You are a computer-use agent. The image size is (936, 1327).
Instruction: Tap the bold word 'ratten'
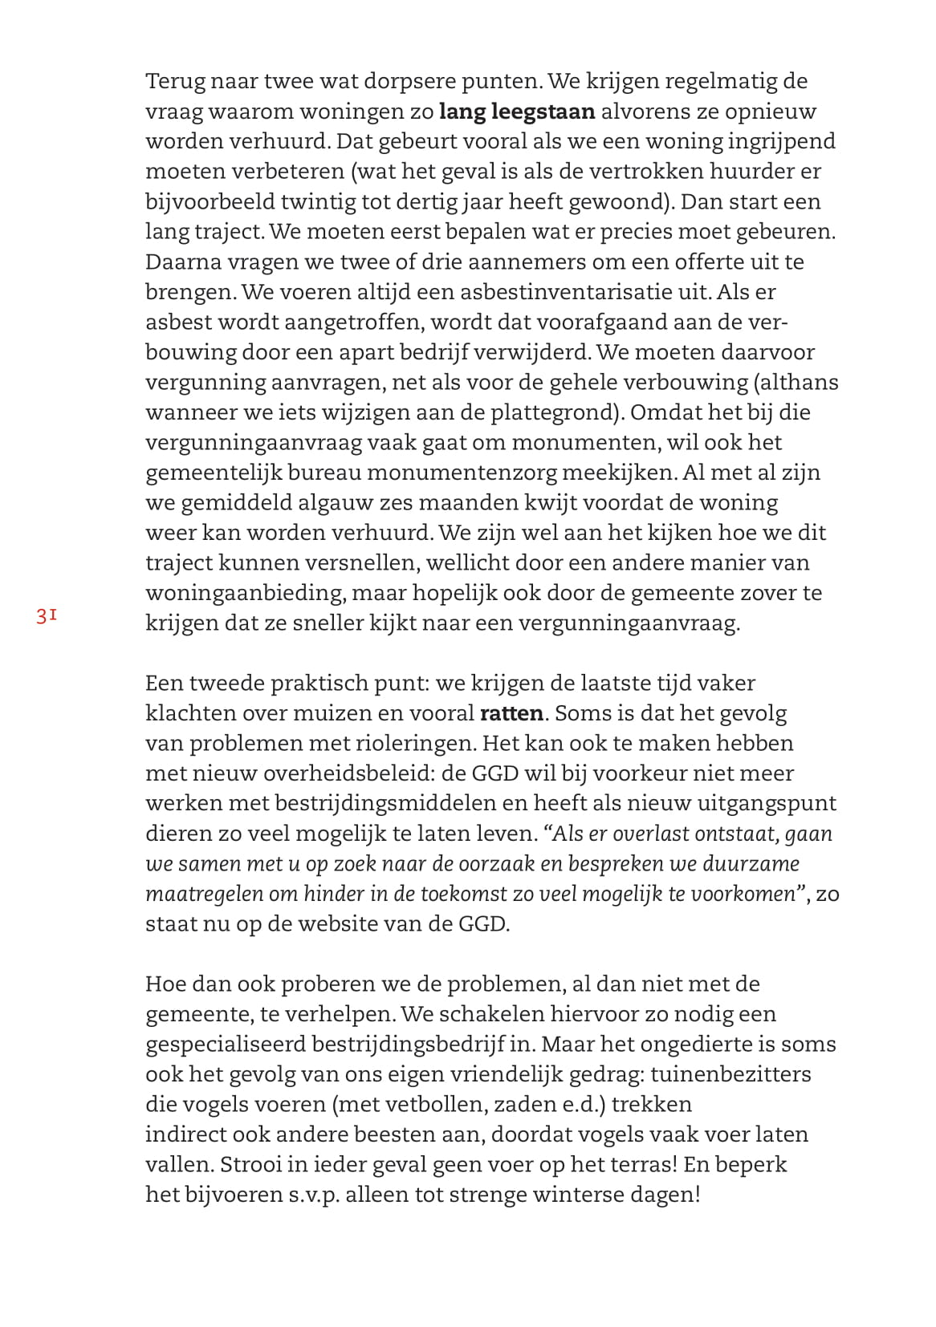[511, 713]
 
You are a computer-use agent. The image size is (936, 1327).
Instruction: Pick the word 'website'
[345, 923]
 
